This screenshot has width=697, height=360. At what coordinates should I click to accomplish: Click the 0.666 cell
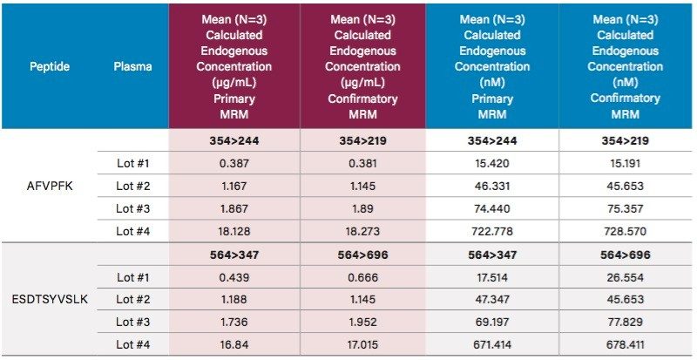click(362, 277)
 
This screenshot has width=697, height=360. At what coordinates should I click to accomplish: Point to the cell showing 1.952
click(362, 323)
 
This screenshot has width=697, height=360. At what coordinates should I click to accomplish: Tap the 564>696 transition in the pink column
click(362, 255)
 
